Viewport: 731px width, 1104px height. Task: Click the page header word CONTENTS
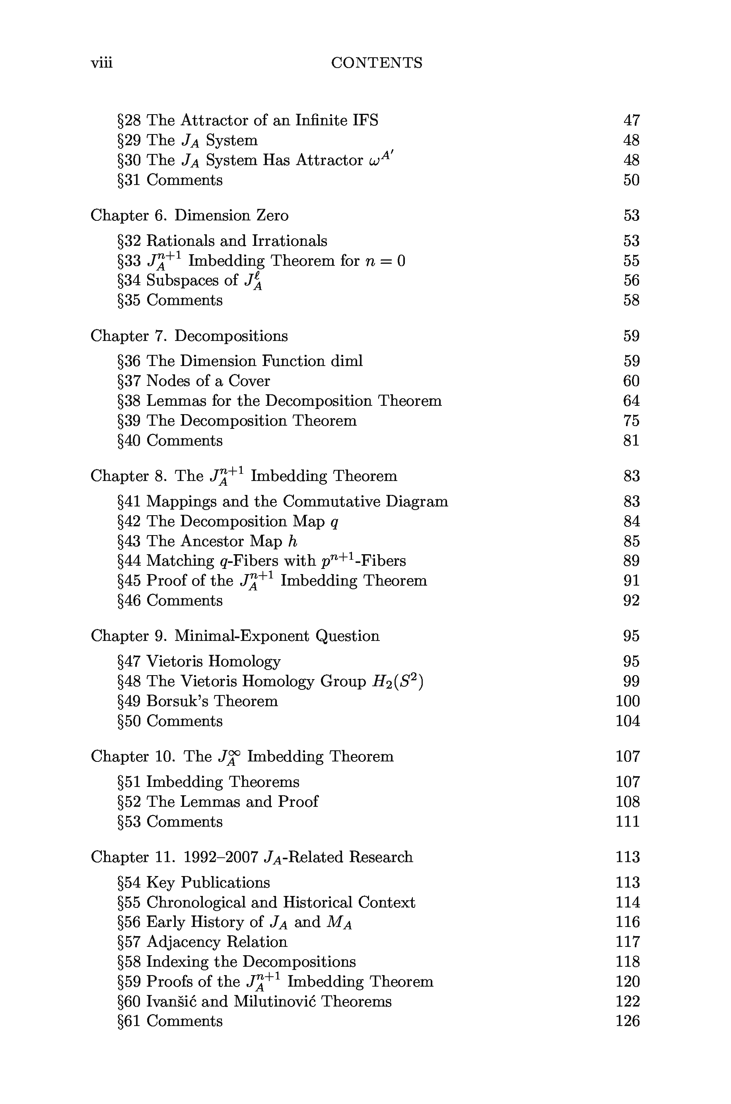click(376, 63)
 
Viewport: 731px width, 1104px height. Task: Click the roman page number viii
click(102, 63)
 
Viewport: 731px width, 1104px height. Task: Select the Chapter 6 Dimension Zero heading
click(189, 215)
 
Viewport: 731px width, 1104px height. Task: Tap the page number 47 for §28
click(631, 120)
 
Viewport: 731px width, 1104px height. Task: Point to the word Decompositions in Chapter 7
click(231, 336)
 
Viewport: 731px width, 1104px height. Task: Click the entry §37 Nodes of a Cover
click(193, 381)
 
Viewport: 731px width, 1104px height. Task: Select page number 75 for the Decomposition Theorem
click(631, 421)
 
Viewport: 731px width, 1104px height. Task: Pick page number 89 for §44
click(631, 561)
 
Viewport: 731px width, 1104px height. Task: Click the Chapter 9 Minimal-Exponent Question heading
click(235, 636)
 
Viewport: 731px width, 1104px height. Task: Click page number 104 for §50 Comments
click(628, 721)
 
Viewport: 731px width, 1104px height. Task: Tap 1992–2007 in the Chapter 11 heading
click(221, 857)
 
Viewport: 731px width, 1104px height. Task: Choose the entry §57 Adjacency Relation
click(202, 942)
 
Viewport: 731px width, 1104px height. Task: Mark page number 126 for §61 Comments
click(628, 1021)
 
